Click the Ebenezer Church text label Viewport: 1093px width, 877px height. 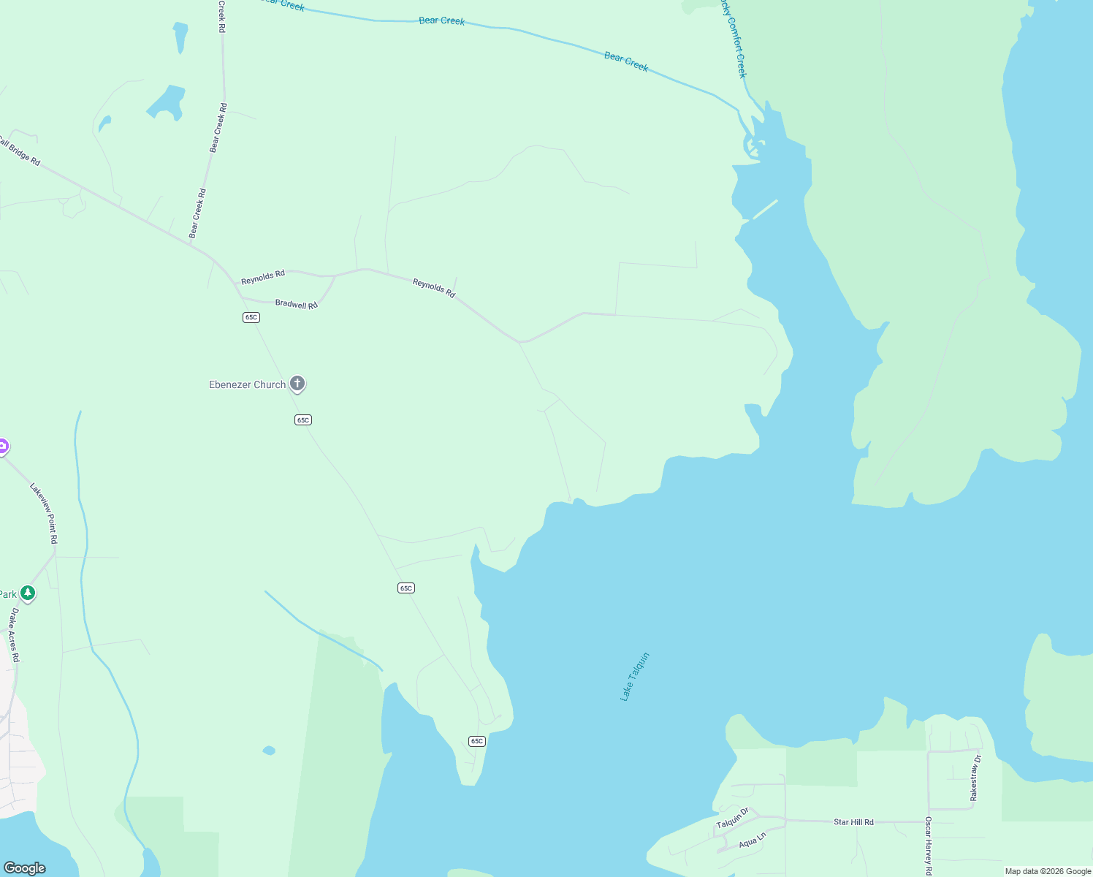[x=247, y=384]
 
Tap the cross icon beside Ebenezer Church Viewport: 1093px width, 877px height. [x=297, y=383]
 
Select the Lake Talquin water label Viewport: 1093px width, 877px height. [x=634, y=677]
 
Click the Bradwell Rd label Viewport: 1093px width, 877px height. [x=296, y=304]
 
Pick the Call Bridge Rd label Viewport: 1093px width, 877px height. [x=20, y=151]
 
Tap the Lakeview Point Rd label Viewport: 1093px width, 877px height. [x=43, y=512]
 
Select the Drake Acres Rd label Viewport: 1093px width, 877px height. [x=14, y=634]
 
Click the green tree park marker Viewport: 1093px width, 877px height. [x=28, y=593]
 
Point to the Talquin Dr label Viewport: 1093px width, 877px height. [x=732, y=818]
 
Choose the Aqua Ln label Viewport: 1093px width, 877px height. [x=752, y=840]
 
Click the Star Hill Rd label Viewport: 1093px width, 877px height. [x=853, y=822]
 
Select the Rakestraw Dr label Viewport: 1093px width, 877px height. [x=975, y=778]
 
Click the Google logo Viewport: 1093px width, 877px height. [x=25, y=867]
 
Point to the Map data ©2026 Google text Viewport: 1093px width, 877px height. [x=1048, y=871]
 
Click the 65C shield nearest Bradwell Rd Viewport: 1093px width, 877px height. [x=251, y=317]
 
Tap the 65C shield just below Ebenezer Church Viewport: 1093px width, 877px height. [x=303, y=419]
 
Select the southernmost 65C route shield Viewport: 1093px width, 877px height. [x=477, y=741]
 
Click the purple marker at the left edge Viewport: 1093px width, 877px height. [x=2, y=446]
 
